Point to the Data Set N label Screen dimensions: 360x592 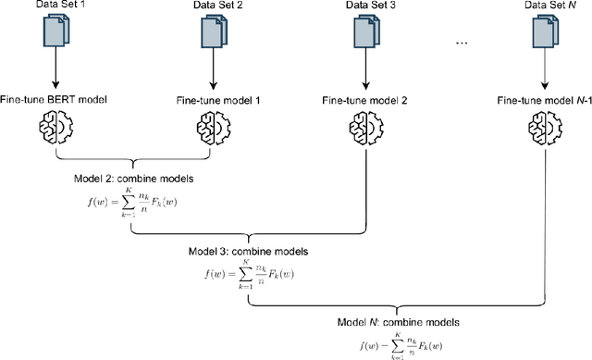(544, 6)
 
